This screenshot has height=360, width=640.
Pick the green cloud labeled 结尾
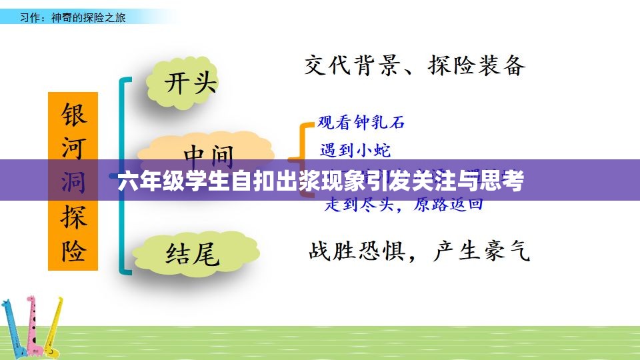[193, 253]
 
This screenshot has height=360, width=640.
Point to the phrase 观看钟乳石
[361, 122]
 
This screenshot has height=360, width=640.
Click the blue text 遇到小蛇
[355, 150]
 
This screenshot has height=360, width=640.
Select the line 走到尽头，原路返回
[403, 205]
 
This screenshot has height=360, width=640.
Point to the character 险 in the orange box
[73, 250]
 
